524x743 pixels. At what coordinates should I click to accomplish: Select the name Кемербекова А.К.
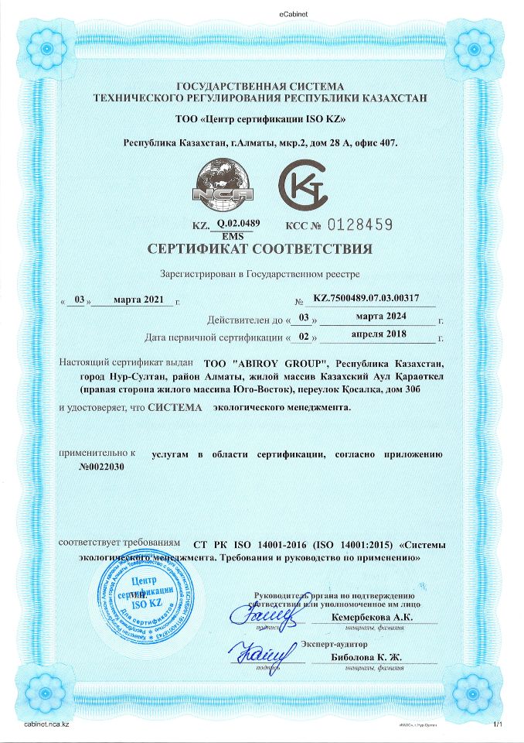[x=372, y=617]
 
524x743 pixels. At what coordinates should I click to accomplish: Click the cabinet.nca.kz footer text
[x=47, y=724]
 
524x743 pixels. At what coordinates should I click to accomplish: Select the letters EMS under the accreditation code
[x=232, y=235]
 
